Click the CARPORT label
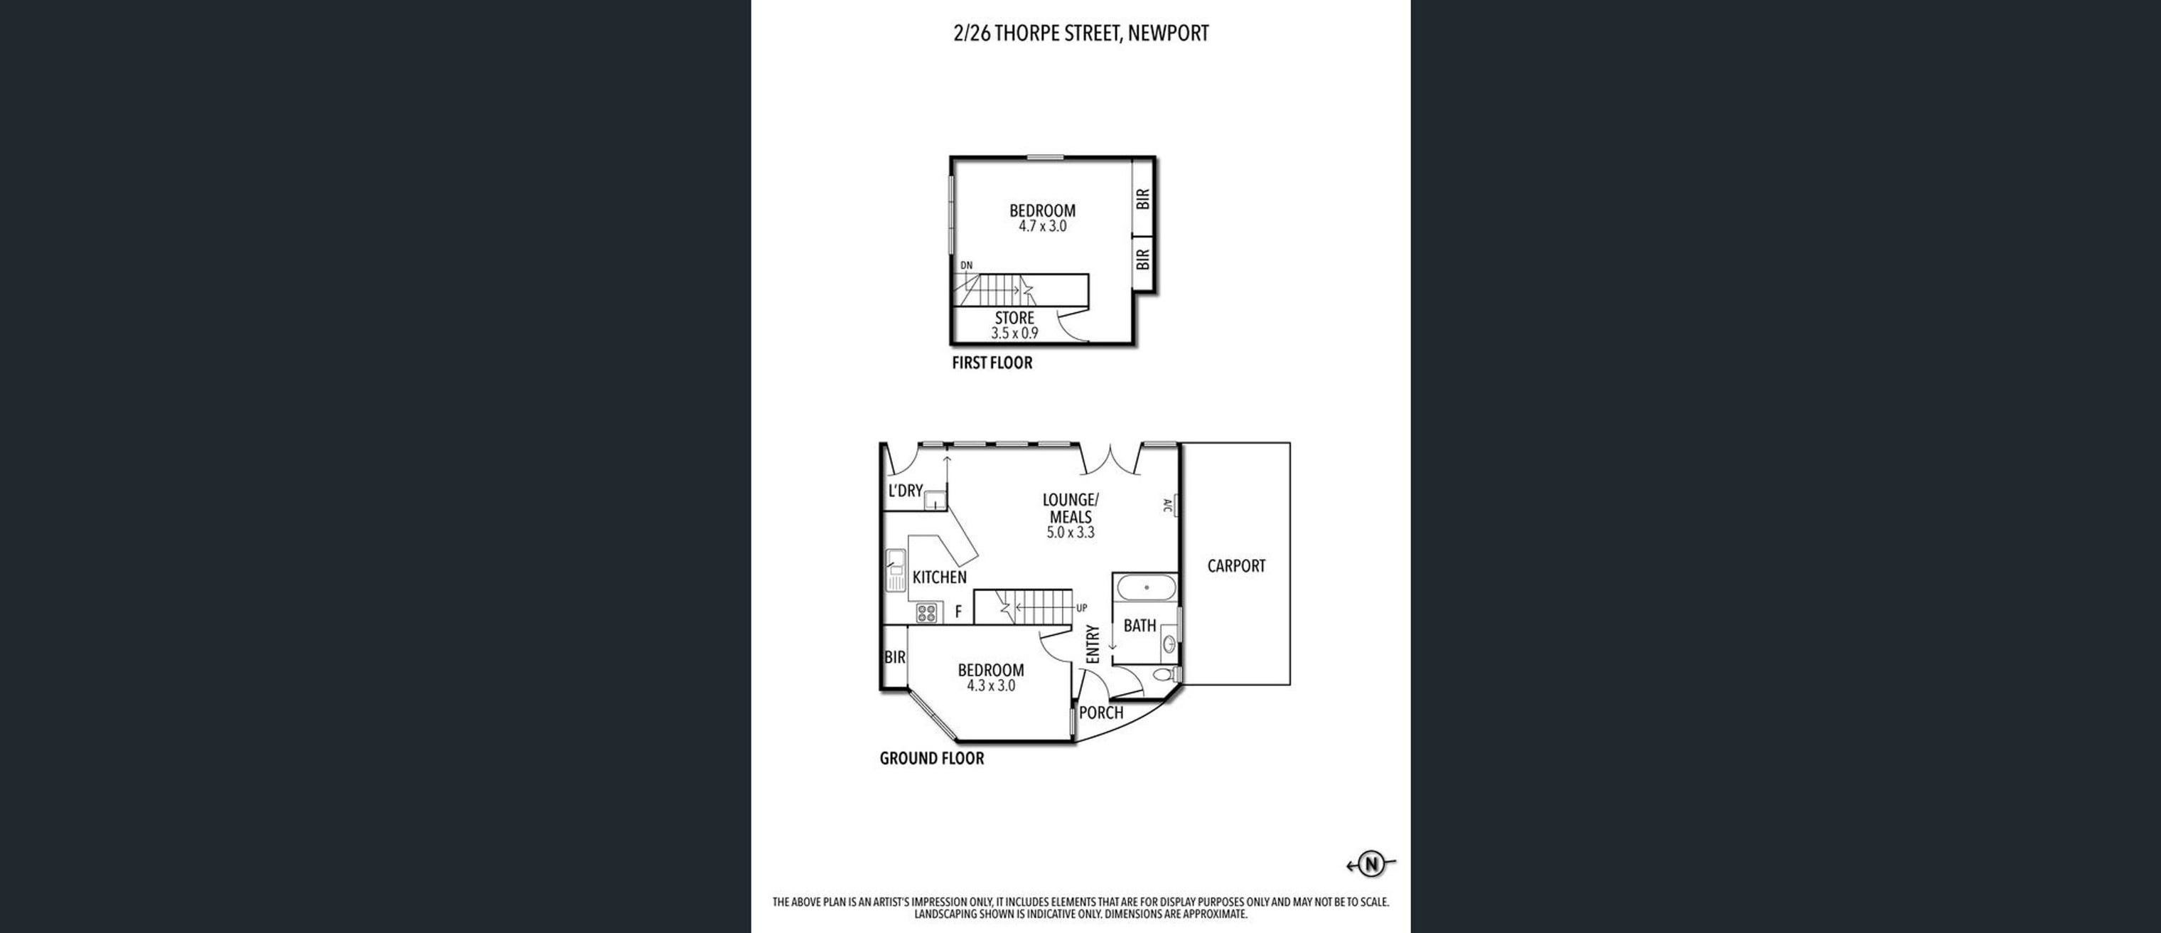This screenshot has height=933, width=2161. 1235,566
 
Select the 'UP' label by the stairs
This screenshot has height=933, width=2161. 1081,608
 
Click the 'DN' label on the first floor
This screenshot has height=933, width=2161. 967,266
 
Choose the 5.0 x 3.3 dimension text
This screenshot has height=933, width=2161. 1071,533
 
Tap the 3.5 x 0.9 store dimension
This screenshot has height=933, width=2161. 1015,333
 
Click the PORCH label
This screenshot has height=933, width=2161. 1100,713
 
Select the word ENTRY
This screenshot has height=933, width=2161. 1093,644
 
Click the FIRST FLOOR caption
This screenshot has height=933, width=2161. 992,363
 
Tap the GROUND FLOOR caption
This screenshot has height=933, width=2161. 932,759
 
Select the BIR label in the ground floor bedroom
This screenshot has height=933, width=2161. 895,658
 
